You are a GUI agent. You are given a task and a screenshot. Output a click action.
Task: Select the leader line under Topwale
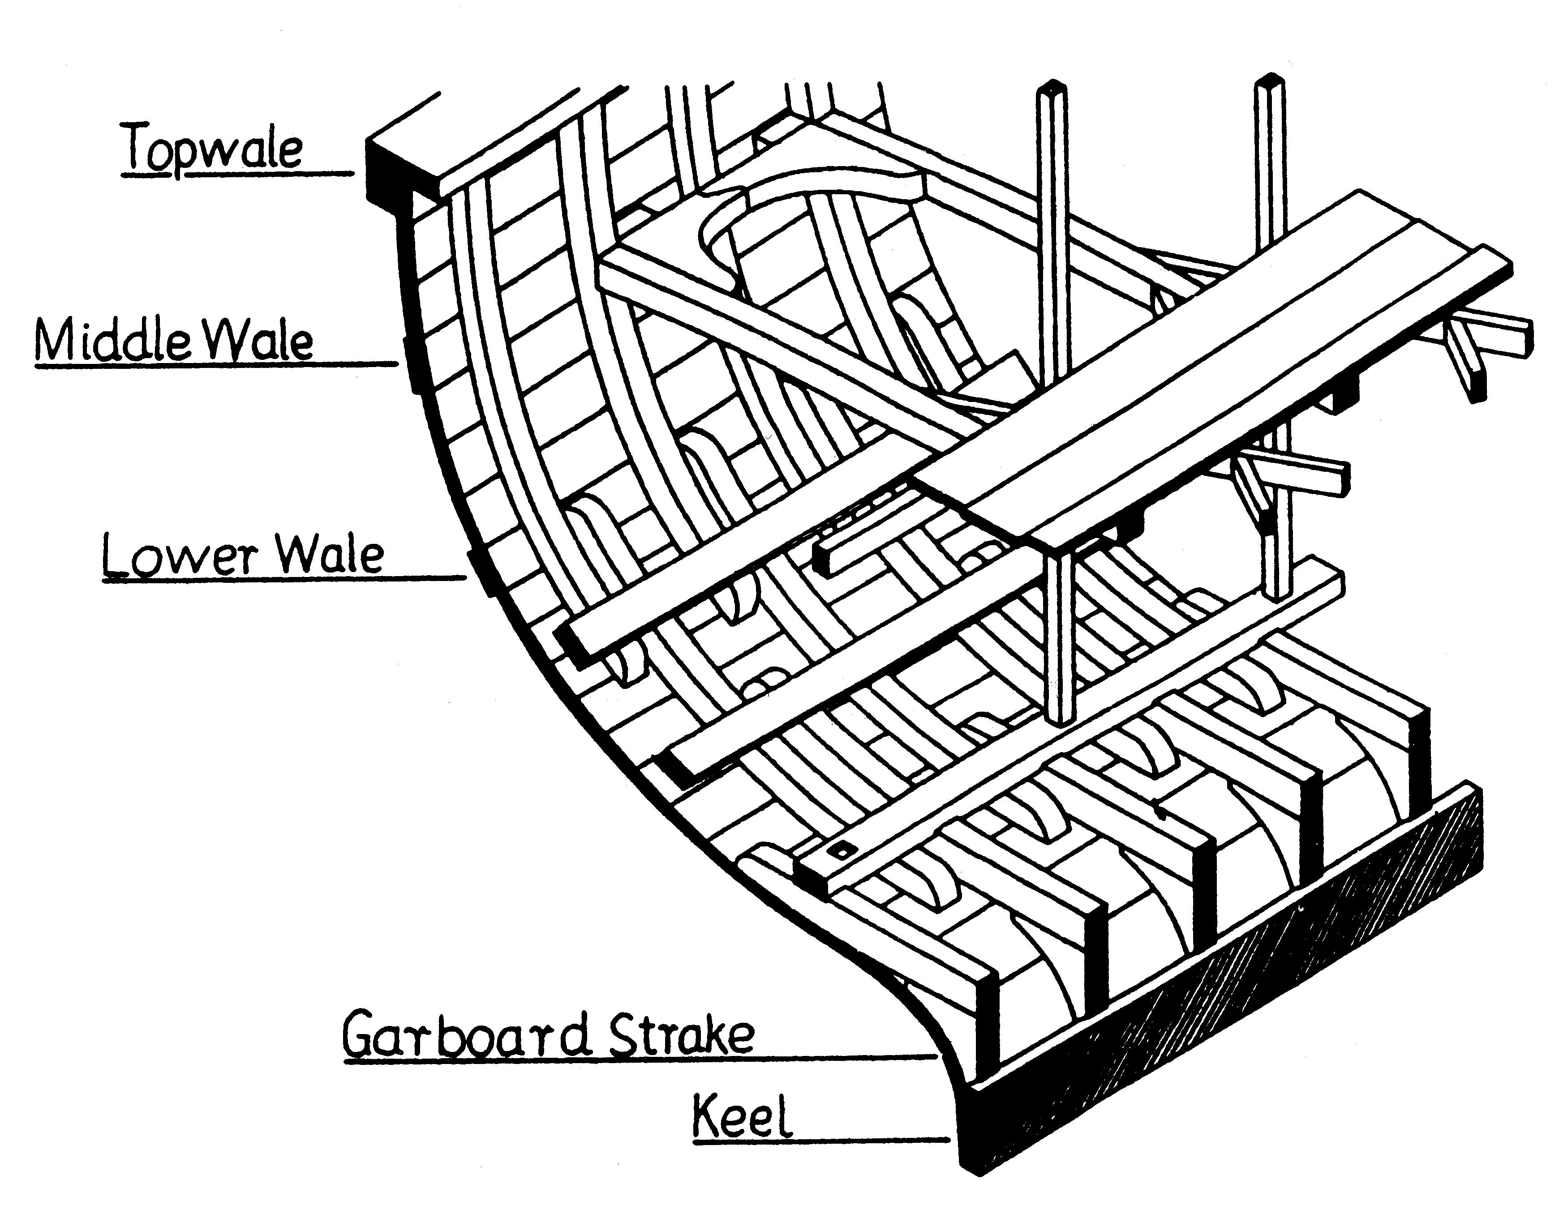pyautogui.click(x=236, y=173)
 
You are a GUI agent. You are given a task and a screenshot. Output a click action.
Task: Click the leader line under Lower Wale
pyautogui.click(x=286, y=578)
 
